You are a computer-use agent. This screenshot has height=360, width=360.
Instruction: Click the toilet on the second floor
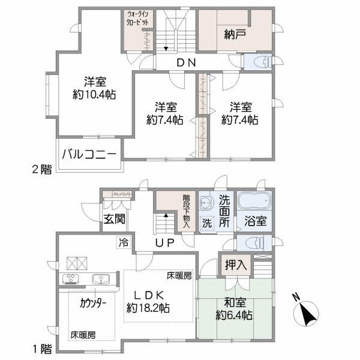pos(258,62)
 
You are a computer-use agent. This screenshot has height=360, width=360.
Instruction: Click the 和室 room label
pos(235,302)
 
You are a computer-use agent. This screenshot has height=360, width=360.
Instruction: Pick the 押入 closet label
pos(235,265)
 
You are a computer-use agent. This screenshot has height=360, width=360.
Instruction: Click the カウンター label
pos(93,304)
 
